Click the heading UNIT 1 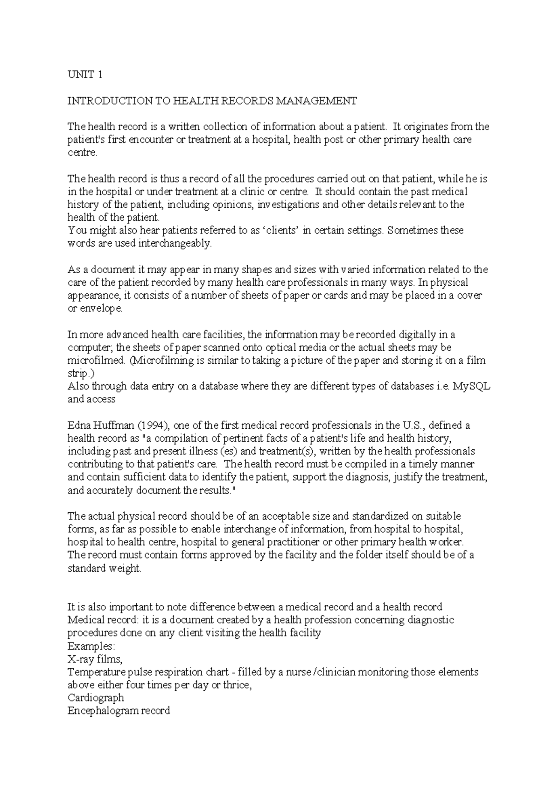pos(84,75)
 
